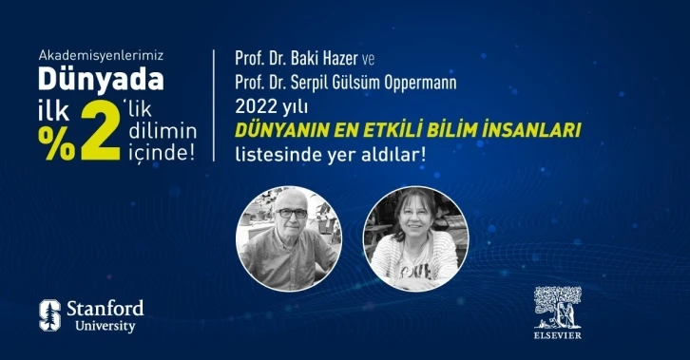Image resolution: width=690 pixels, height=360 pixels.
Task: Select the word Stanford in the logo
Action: click(x=105, y=308)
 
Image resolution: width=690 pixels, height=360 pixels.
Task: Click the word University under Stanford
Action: click(x=101, y=327)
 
